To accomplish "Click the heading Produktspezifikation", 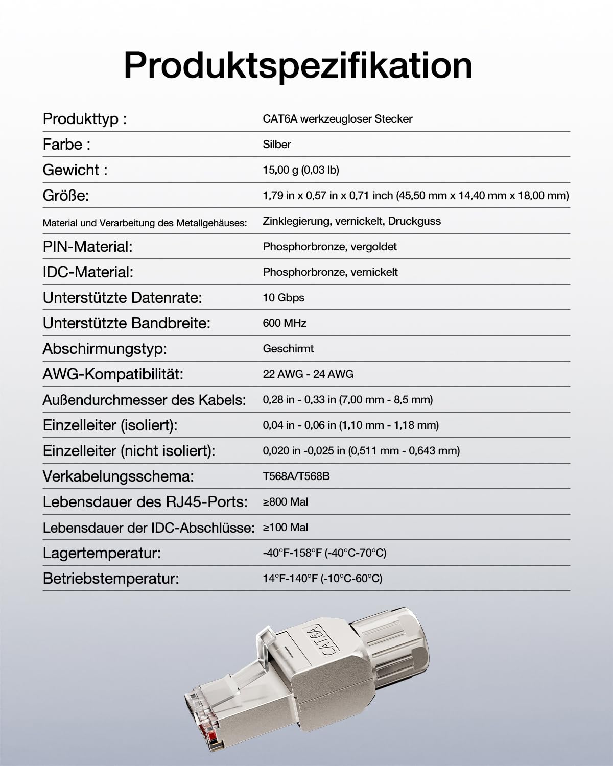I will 298,65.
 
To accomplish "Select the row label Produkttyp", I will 84,119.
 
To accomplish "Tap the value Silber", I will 277,145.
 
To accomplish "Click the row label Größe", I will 66,196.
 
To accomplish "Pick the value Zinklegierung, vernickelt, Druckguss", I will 351,221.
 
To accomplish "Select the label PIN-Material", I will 87,247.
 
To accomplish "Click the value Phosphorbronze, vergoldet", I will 329,247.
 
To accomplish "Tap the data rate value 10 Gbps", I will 284,298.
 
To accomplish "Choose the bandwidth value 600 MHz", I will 285,323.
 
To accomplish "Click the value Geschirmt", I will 288,349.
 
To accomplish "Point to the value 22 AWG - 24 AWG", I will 308,374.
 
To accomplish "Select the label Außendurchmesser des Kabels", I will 144,400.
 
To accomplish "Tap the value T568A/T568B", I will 296,476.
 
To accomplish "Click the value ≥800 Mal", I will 286,502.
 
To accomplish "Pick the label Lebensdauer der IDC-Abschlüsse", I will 148,528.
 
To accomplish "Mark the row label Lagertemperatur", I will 102,553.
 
